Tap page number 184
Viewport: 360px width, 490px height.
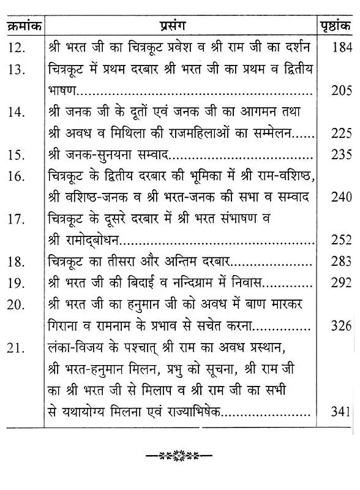[340, 48]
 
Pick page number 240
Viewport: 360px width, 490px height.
[340, 197]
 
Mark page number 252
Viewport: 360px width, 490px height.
[340, 241]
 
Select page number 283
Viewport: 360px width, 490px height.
[340, 263]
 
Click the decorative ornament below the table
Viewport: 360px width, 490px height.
[179, 456]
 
